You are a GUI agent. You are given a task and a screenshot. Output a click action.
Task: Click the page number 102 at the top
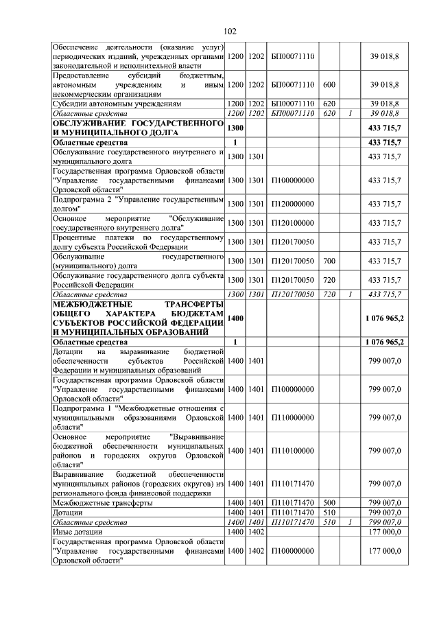point(230,31)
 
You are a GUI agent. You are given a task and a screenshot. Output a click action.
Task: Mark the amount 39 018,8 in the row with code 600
point(384,84)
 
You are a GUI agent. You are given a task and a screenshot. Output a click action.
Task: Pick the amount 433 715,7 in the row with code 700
point(384,261)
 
